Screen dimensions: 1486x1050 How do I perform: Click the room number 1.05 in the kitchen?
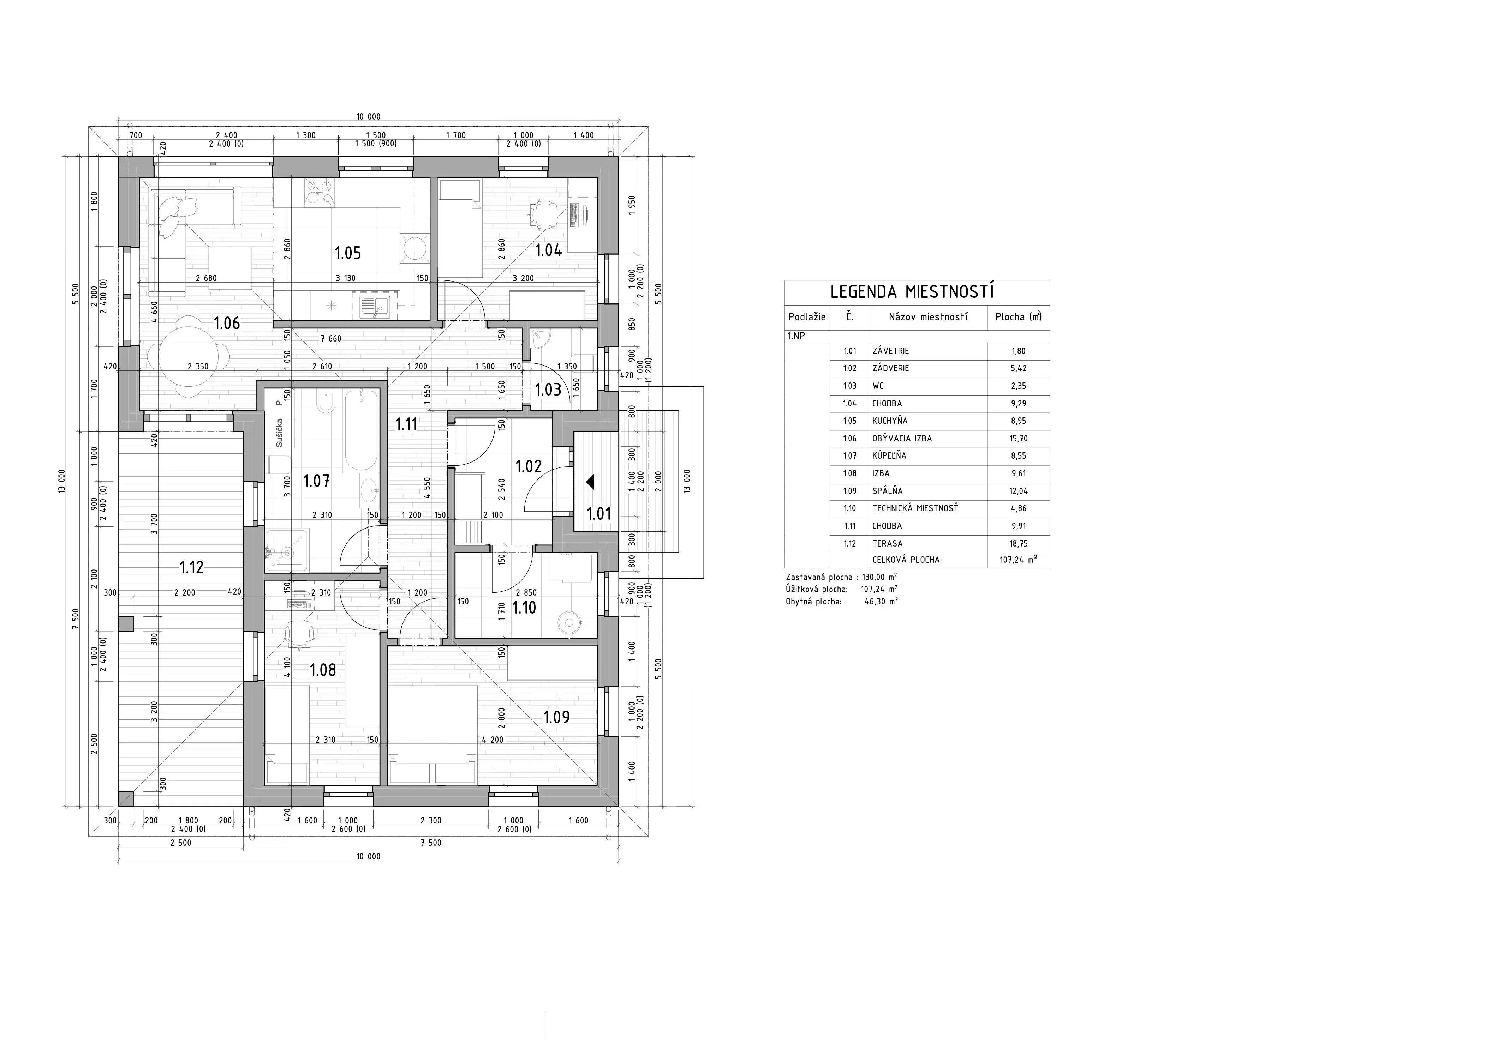(x=347, y=253)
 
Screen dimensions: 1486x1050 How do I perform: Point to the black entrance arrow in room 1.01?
(x=590, y=482)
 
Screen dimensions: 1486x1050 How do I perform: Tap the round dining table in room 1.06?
(x=188, y=356)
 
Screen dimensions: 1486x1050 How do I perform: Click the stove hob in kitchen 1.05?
(x=320, y=192)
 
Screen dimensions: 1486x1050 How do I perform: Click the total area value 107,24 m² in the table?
(x=1018, y=560)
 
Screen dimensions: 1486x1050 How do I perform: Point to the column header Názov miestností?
(x=928, y=317)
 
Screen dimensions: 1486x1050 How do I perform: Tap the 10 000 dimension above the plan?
(x=368, y=117)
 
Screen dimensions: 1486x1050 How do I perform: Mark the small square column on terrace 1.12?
(x=126, y=624)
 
